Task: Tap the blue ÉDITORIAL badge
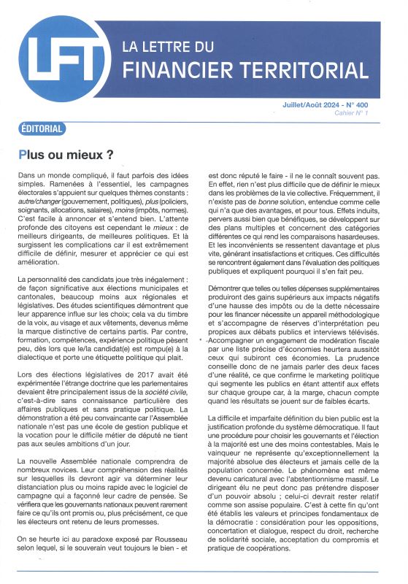coord(41,129)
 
